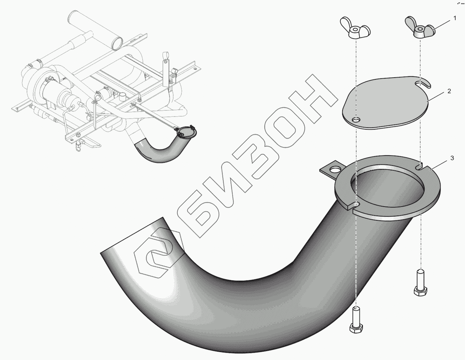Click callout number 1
455,18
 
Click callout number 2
449,91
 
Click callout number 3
452,158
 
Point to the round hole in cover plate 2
355,120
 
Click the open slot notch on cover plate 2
423,83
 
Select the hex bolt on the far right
420,282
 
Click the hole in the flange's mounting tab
334,170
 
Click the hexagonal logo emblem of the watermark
158,256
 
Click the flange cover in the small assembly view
186,131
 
